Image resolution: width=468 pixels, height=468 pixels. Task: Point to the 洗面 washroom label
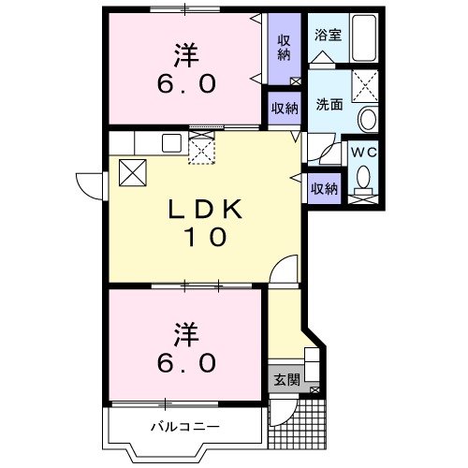(x=327, y=105)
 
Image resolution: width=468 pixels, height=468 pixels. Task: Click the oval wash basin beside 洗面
(x=367, y=120)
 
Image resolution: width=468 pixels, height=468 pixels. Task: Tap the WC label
(x=363, y=150)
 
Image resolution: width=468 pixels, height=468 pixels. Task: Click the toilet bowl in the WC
(x=364, y=178)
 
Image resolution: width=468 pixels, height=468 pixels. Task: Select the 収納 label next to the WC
(x=324, y=188)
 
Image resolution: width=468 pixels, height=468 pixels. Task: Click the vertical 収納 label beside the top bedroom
(x=283, y=47)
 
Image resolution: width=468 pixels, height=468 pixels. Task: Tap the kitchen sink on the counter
(x=171, y=143)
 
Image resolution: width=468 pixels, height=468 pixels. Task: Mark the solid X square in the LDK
(x=132, y=172)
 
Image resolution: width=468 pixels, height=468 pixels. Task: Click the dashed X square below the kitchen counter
(x=203, y=150)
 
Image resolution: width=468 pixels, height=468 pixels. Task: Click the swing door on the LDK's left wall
(x=91, y=184)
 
